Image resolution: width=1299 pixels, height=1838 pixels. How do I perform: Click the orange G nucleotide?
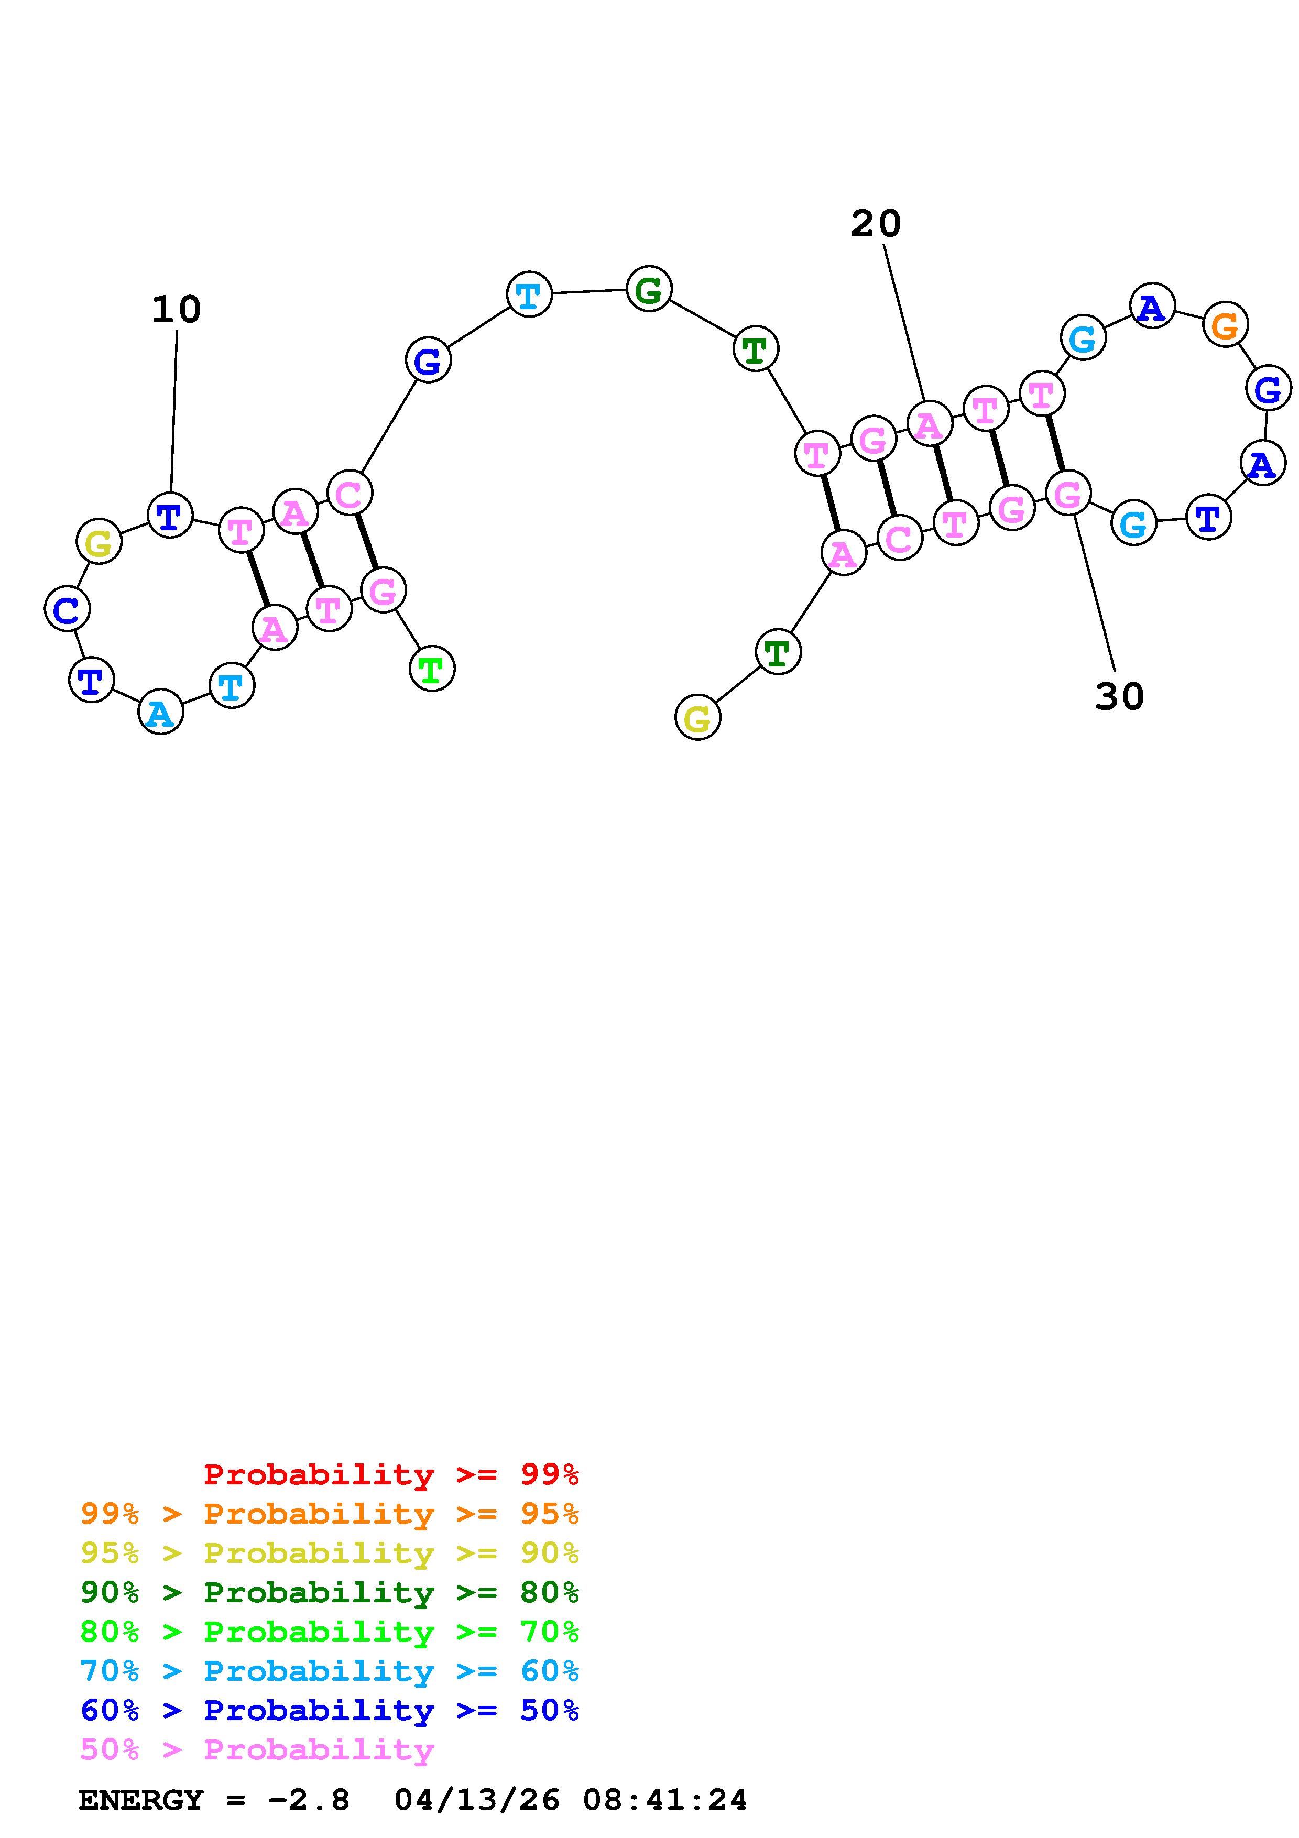[x=1225, y=325]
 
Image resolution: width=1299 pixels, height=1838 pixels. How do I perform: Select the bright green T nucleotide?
[x=431, y=669]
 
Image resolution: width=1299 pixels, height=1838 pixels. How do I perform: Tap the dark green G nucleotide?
[x=648, y=289]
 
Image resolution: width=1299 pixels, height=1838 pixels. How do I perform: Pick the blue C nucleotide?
[x=67, y=609]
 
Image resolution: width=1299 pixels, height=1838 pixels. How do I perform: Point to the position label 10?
[x=176, y=310]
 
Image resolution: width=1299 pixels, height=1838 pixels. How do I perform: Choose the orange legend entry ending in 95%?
[x=330, y=1514]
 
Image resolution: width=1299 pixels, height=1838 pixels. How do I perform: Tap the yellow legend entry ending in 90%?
[x=330, y=1553]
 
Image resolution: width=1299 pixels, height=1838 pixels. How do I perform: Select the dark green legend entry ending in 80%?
[x=330, y=1592]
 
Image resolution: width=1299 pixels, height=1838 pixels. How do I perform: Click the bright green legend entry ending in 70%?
[x=330, y=1632]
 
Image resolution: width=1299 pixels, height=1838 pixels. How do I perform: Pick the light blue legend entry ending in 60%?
[x=330, y=1671]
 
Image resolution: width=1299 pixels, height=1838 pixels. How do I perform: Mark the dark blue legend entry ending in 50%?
[x=330, y=1710]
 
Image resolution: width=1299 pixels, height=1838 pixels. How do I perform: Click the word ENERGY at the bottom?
[x=141, y=1800]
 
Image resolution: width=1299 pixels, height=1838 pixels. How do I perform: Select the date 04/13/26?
[x=477, y=1800]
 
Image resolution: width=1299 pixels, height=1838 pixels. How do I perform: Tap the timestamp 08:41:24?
[x=664, y=1800]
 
